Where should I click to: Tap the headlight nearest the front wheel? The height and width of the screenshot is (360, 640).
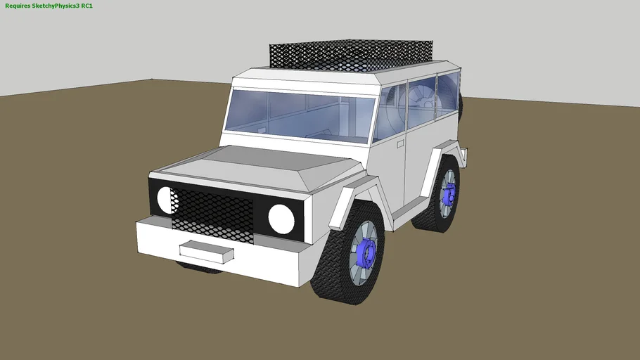tap(281, 219)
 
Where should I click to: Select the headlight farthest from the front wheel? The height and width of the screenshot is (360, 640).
tap(167, 200)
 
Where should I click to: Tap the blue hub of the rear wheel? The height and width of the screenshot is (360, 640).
tap(448, 192)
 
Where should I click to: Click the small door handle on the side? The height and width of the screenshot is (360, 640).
tap(400, 143)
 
